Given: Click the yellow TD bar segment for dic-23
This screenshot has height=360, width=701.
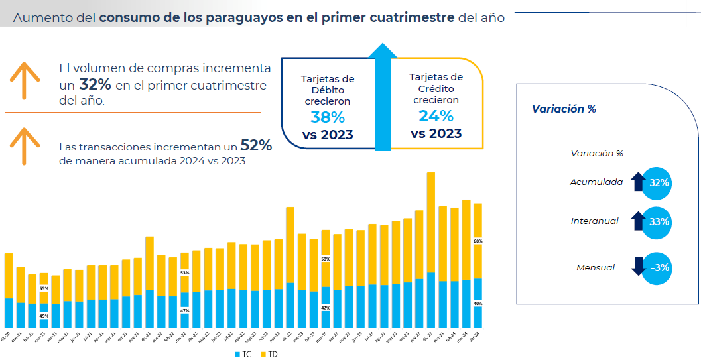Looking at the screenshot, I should tap(430, 222).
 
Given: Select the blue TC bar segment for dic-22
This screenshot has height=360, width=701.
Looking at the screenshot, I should tap(290, 305).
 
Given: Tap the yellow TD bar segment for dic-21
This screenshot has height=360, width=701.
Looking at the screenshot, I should tap(149, 263).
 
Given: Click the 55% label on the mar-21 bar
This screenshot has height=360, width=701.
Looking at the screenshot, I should tap(44, 288).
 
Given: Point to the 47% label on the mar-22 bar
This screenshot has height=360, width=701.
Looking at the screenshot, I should tap(184, 310).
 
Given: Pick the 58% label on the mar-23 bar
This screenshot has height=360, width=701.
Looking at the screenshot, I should tap(325, 259).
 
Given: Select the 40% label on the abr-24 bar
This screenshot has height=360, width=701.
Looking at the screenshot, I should tap(478, 304).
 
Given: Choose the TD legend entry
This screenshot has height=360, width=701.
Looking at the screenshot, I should tap(269, 355).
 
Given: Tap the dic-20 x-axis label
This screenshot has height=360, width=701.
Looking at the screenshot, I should tap(8, 337).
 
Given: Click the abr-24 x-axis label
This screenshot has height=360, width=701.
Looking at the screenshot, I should tap(477, 337).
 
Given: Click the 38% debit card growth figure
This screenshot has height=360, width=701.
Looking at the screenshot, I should tap(328, 117).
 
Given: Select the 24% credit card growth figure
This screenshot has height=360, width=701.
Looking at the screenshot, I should tap(436, 116).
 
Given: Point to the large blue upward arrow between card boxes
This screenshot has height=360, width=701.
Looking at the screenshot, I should tap(383, 93).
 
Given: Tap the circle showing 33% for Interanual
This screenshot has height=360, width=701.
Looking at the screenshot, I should tap(658, 222).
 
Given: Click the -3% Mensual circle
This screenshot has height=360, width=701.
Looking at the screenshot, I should tap(658, 268).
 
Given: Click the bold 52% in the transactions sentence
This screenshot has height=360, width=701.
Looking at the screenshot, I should tap(256, 146).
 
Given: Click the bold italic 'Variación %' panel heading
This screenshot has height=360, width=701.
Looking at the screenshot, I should tap(564, 109).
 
